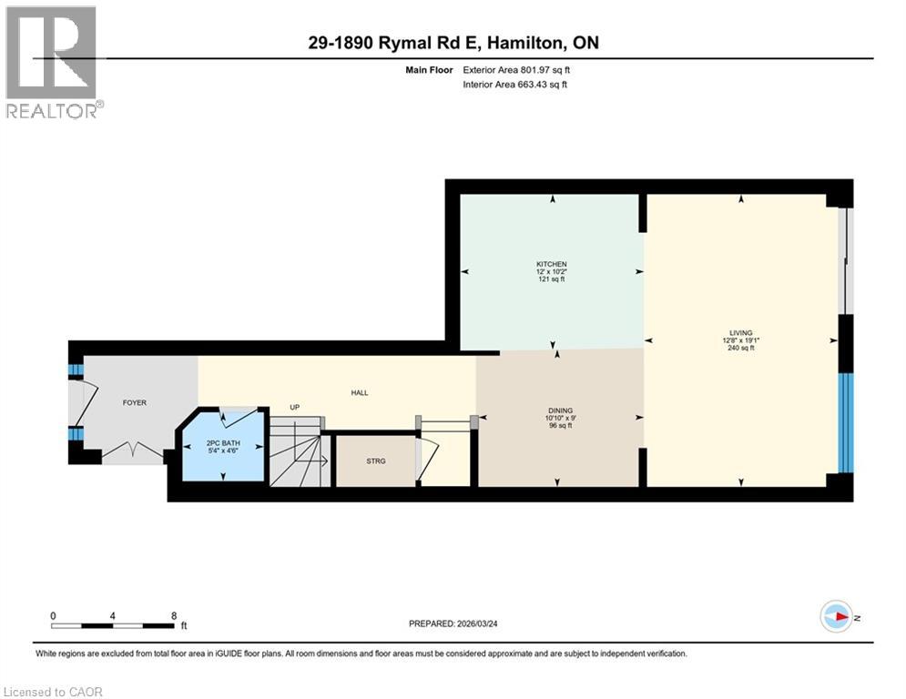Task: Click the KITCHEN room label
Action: (x=551, y=264)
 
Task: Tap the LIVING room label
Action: (x=740, y=333)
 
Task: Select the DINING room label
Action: (x=560, y=410)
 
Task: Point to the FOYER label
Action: (x=135, y=402)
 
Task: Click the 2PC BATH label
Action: (x=222, y=442)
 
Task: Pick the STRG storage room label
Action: (x=375, y=461)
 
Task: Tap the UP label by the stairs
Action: (x=294, y=408)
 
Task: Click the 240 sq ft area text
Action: (x=740, y=349)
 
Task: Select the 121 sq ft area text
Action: (x=551, y=279)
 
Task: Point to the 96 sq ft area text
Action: (x=560, y=426)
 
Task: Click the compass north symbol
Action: (x=838, y=616)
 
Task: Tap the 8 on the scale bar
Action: (x=174, y=615)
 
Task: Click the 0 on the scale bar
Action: (x=54, y=615)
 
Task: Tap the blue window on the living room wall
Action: (x=846, y=422)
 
